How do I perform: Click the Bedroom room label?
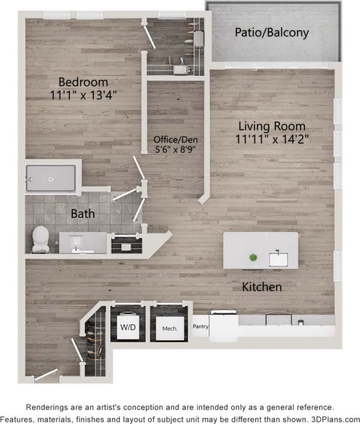tap(84, 81)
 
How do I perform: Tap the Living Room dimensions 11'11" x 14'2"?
tap(272, 139)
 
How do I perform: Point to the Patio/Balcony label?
tap(271, 33)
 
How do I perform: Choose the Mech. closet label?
tap(169, 328)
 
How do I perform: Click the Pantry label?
tap(201, 326)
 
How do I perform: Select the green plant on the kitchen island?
tap(253, 257)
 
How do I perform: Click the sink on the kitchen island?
tap(279, 258)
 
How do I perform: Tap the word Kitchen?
tap(262, 287)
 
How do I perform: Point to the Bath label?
tap(83, 214)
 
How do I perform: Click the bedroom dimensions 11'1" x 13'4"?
tap(84, 94)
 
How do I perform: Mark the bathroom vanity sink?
tap(77, 243)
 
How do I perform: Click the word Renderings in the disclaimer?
tap(47, 407)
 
